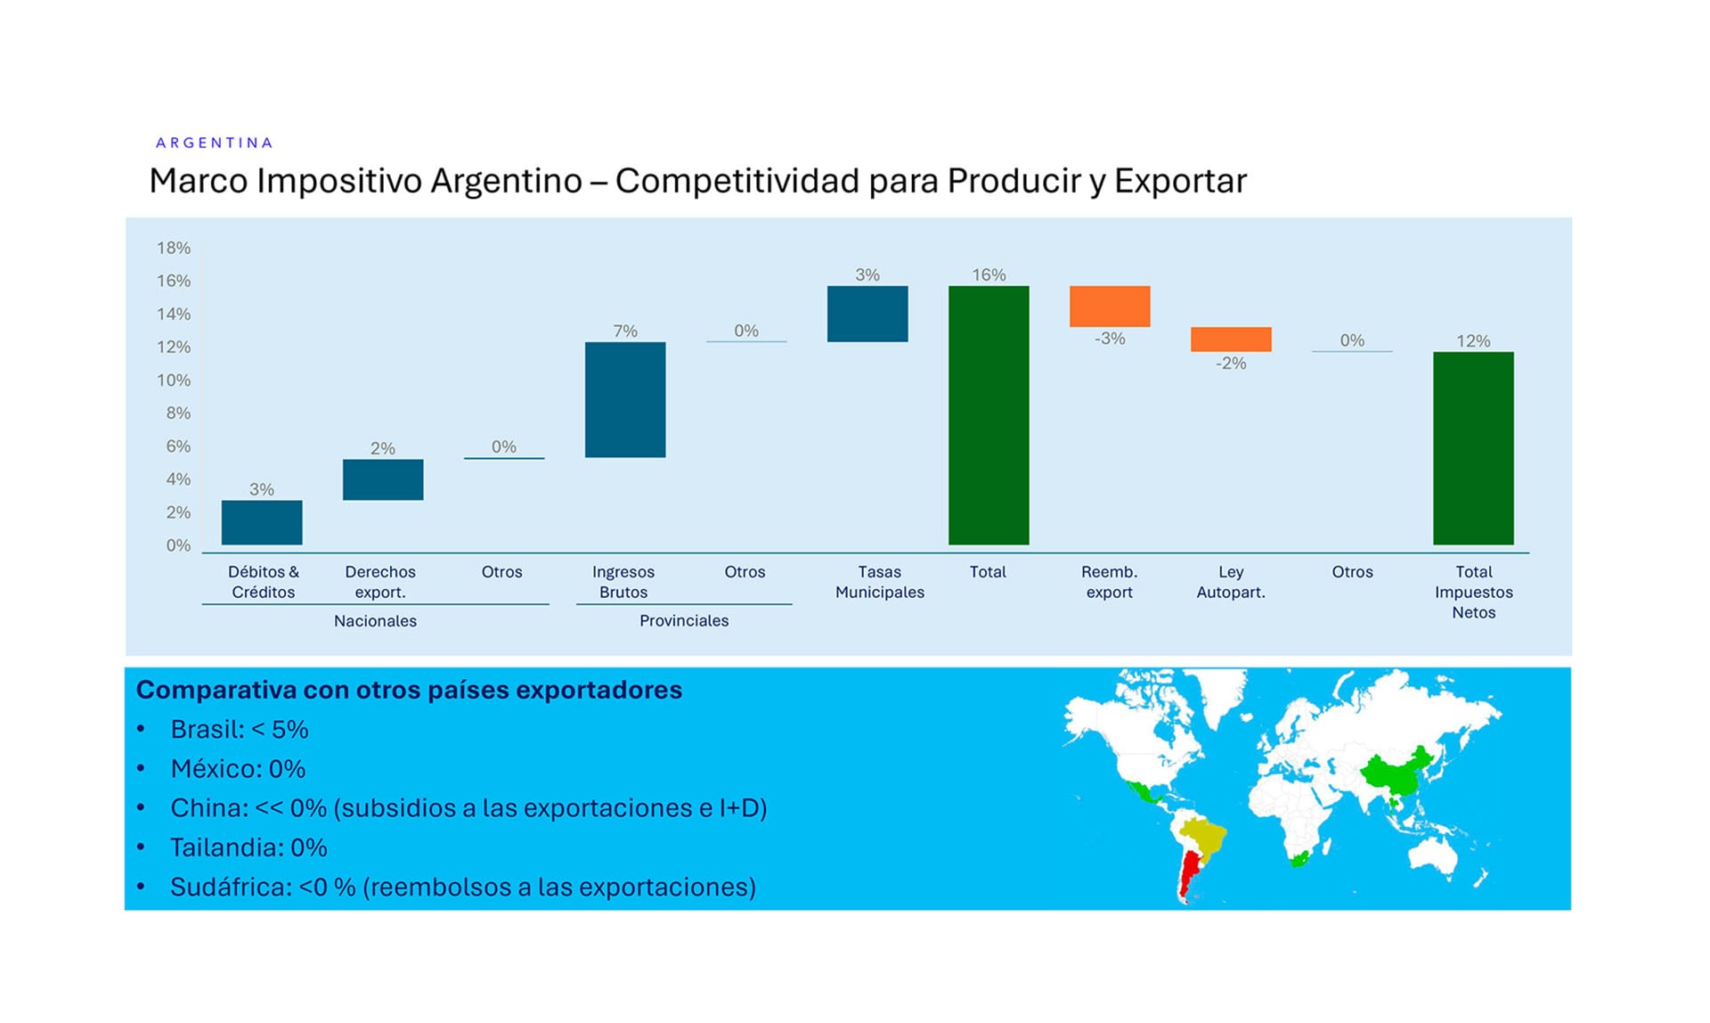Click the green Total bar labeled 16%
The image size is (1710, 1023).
pyautogui.click(x=988, y=414)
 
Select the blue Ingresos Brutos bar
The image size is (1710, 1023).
pyautogui.click(x=624, y=399)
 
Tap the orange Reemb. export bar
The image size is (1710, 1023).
pyautogui.click(x=1109, y=306)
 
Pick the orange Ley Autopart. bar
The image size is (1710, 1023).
pyautogui.click(x=1230, y=339)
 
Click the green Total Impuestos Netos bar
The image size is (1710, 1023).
pyautogui.click(x=1472, y=447)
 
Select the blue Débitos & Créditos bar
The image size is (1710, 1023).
pyautogui.click(x=261, y=522)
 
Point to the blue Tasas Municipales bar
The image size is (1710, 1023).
pyautogui.click(x=867, y=314)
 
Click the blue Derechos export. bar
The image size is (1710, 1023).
pyautogui.click(x=382, y=479)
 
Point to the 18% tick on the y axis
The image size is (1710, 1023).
pyautogui.click(x=174, y=248)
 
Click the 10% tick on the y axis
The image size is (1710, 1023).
pyautogui.click(x=174, y=381)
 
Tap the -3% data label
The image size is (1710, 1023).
pyautogui.click(x=1109, y=339)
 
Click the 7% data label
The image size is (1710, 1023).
pyautogui.click(x=624, y=331)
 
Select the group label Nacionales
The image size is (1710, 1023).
pyautogui.click(x=375, y=621)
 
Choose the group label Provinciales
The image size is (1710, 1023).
pyautogui.click(x=683, y=621)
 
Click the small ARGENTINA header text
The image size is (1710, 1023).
pyautogui.click(x=214, y=143)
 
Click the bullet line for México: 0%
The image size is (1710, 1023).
pyautogui.click(x=237, y=768)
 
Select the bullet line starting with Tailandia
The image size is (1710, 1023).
pyautogui.click(x=248, y=847)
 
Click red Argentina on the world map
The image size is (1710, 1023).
pyautogui.click(x=1188, y=873)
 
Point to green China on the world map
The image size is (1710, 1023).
pyautogui.click(x=1394, y=773)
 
